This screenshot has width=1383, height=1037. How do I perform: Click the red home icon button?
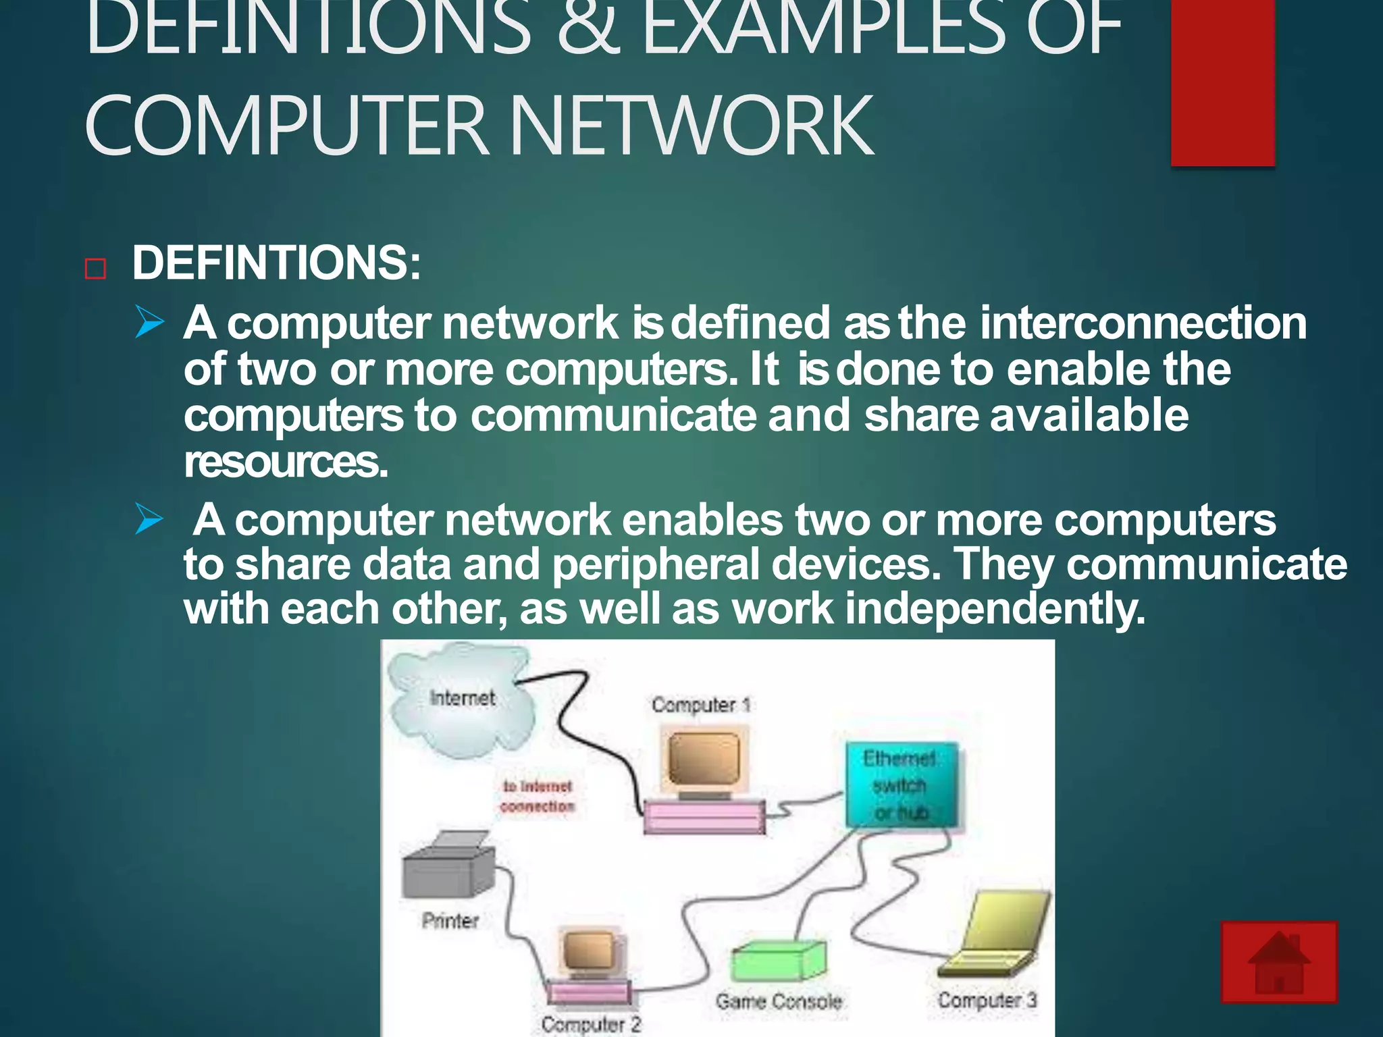pyautogui.click(x=1278, y=961)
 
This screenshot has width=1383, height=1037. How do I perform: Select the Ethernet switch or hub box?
pyautogui.click(x=901, y=785)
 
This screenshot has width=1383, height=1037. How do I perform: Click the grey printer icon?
pyautogui.click(x=447, y=867)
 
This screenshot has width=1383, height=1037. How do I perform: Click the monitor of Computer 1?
pyautogui.click(x=703, y=759)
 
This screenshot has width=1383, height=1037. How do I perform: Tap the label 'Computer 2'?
pyautogui.click(x=590, y=1023)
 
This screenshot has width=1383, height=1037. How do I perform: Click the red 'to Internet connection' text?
pyautogui.click(x=538, y=796)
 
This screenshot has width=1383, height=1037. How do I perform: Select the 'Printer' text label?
pyautogui.click(x=450, y=920)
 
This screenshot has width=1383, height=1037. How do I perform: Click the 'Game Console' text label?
pyautogui.click(x=779, y=1001)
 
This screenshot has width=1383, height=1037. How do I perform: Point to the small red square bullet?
pyautogui.click(x=96, y=269)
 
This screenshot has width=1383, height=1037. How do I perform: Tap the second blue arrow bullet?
pyautogui.click(x=149, y=519)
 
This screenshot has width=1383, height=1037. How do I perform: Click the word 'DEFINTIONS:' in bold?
pyautogui.click(x=276, y=263)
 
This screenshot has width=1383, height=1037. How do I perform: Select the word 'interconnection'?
pyautogui.click(x=1143, y=323)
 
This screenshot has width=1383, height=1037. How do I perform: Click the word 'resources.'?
pyautogui.click(x=286, y=462)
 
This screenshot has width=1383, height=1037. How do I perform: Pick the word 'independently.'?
pyautogui.click(x=995, y=609)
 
